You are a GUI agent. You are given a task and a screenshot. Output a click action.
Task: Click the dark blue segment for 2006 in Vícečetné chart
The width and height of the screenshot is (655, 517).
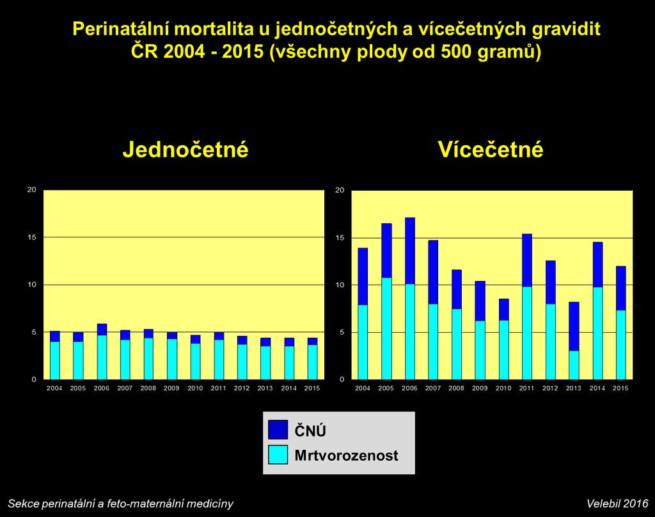coord(410,251)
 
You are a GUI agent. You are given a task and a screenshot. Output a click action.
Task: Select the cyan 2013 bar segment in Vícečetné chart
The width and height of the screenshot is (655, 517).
coord(574,365)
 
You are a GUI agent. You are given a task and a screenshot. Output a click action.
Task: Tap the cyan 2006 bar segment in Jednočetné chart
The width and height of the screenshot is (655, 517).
coord(102,357)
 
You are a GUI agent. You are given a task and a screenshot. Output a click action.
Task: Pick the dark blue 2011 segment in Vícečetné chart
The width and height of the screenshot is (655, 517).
coord(527,260)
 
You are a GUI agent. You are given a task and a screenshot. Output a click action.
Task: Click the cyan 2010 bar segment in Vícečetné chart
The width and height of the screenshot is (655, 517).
coord(504,350)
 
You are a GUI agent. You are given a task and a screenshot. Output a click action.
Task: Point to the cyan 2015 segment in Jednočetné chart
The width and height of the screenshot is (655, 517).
coord(312,362)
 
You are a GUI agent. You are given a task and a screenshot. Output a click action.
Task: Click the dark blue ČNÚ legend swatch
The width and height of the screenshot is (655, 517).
coord(278,429)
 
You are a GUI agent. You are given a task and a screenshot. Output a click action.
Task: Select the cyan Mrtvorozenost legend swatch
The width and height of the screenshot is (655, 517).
coord(278,454)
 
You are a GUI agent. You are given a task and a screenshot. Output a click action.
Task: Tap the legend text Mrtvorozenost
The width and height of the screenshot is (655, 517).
coord(346,455)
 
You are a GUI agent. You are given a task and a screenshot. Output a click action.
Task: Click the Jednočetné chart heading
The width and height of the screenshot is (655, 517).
coord(185,149)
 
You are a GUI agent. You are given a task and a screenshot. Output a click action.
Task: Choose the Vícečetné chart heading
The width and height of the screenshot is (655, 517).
coord(491,149)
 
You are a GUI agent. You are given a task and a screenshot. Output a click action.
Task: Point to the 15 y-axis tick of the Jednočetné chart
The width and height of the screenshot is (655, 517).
coord(32,237)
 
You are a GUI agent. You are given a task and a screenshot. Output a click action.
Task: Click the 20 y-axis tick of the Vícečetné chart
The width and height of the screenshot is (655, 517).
coord(340,190)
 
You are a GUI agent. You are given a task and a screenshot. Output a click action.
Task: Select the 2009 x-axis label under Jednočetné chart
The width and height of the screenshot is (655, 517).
coord(171,388)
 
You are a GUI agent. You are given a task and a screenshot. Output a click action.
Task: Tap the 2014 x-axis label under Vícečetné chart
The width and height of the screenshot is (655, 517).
coord(597,388)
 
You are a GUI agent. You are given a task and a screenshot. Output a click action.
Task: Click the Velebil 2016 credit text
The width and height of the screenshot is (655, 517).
coord(617,503)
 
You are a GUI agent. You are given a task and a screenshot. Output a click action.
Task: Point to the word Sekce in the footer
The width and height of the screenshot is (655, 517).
coord(21,503)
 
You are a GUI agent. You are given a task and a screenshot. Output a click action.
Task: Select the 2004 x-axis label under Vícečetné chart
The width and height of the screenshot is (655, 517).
coord(363,388)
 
